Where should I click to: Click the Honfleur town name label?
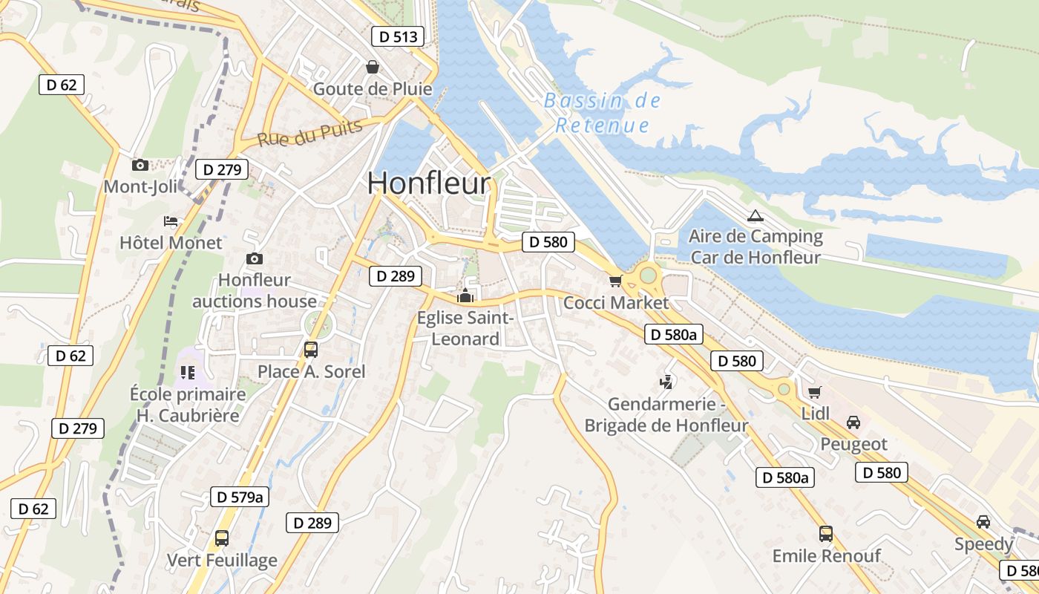429,183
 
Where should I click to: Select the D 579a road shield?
238,497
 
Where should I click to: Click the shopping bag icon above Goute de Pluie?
373,67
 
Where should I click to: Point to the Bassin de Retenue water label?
602,113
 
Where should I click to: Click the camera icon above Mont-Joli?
140,165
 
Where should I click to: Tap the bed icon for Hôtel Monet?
171,221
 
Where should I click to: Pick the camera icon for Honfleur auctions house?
255,258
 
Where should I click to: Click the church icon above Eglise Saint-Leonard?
465,296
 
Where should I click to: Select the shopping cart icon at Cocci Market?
614,281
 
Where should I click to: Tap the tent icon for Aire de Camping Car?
756,216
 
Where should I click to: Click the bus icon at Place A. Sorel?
311,349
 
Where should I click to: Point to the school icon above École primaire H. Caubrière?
187,372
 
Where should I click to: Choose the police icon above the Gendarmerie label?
666,383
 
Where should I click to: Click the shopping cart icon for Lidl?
814,392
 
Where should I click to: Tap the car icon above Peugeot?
853,422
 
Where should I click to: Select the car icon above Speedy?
983,522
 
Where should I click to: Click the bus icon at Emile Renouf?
826,533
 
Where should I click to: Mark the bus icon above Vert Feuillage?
221,538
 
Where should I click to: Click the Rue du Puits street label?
310,133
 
